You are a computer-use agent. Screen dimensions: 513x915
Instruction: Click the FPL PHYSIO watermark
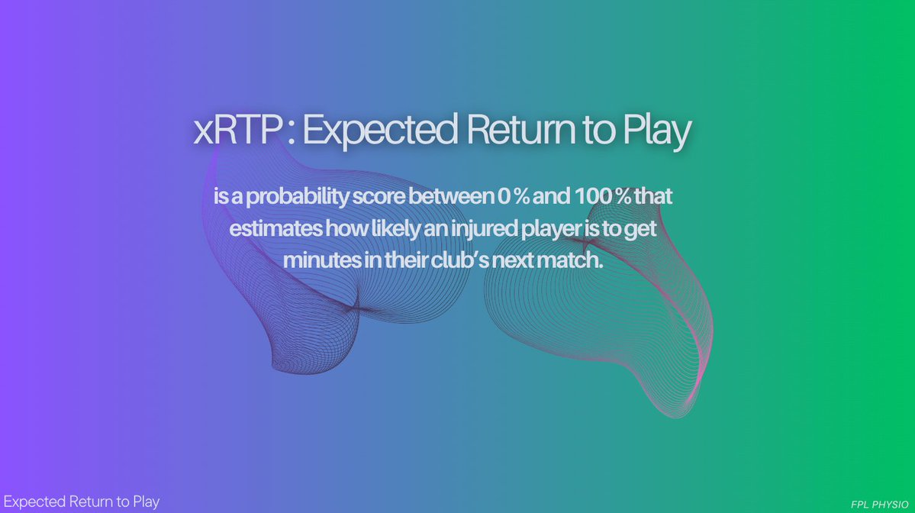pos(878,505)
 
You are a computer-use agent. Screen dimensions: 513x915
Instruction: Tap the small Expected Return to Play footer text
pos(81,502)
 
